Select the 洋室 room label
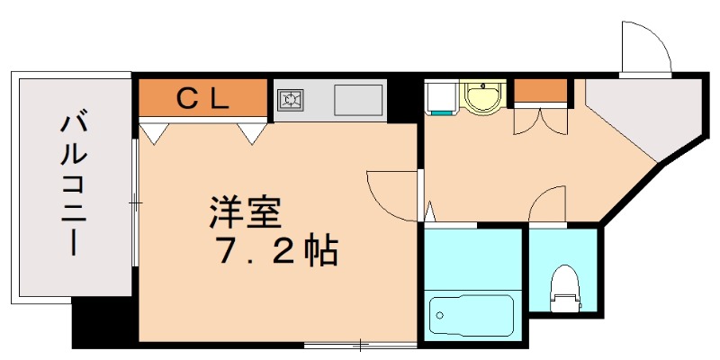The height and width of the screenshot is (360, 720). pos(246,212)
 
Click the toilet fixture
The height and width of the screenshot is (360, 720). pos(564,285)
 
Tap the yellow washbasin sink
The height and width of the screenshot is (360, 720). pos(485,96)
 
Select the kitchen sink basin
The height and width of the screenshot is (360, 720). pos(358,99)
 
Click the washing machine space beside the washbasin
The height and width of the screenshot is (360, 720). pos(442,97)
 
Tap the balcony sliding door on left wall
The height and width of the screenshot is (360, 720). pos(134,202)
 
